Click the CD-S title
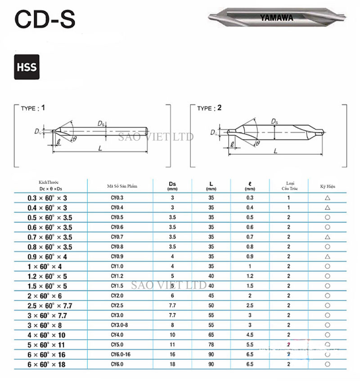[x=45, y=19]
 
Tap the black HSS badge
[x=27, y=67]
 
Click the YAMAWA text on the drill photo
[x=276, y=18]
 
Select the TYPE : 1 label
[x=33, y=108]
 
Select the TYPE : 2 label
[x=209, y=108]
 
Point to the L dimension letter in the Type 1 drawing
[x=100, y=148]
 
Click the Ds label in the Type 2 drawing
[x=274, y=121]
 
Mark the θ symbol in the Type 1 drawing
[x=75, y=139]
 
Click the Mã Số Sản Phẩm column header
[x=122, y=186]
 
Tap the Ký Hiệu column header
[x=328, y=186]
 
